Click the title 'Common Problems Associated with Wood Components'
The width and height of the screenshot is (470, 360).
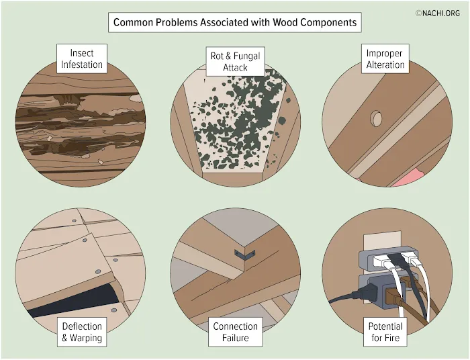pyautogui.click(x=235, y=22)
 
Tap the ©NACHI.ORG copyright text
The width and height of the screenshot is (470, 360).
pyautogui.click(x=438, y=13)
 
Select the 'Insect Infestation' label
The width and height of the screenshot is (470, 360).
pyautogui.click(x=82, y=58)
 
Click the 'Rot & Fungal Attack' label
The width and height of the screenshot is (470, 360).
pyautogui.click(x=235, y=61)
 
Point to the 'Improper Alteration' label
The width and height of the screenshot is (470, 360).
pyautogui.click(x=385, y=58)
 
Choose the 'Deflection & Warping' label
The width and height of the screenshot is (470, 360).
pyautogui.click(x=82, y=332)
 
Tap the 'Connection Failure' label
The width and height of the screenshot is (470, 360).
pyautogui.click(x=235, y=332)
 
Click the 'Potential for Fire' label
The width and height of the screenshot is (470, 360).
pyautogui.click(x=385, y=332)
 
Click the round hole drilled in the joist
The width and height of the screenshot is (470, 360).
pyautogui.click(x=376, y=119)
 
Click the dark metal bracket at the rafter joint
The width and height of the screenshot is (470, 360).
pyautogui.click(x=245, y=255)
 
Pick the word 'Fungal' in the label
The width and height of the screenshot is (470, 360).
pyautogui.click(x=246, y=56)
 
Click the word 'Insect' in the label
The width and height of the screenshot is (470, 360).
pyautogui.click(x=82, y=53)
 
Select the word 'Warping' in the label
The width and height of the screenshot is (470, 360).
pyautogui.click(x=86, y=338)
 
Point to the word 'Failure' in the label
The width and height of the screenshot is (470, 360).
pyautogui.click(x=235, y=338)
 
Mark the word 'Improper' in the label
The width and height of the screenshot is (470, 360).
pyautogui.click(x=384, y=53)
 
